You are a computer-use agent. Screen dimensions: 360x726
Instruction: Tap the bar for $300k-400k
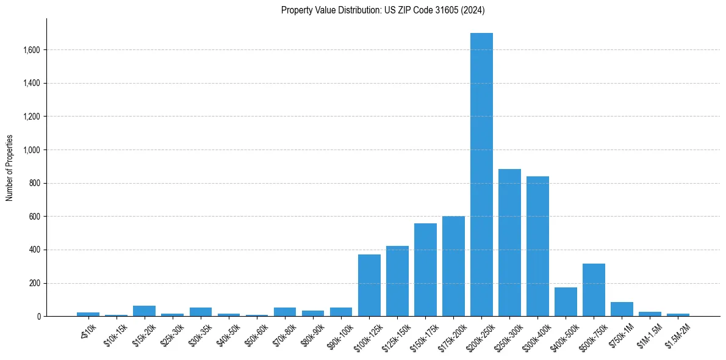(537, 247)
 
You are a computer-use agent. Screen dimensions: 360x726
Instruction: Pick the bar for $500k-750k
(594, 290)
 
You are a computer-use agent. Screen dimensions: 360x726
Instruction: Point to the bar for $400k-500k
(566, 302)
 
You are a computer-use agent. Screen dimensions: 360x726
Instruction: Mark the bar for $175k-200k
(453, 266)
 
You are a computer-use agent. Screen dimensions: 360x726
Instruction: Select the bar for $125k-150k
(397, 281)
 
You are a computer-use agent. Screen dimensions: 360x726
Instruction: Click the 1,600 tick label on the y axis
(31, 50)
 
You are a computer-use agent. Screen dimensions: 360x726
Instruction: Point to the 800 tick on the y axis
(35, 183)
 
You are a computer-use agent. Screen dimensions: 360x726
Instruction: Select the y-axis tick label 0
(39, 317)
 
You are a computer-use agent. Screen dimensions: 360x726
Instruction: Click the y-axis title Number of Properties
(9, 168)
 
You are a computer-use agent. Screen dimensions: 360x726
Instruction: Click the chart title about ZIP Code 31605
(383, 10)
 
